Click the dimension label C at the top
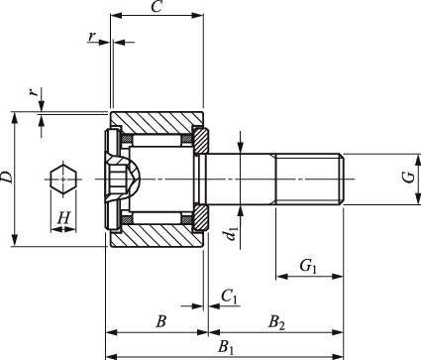(x=156, y=6)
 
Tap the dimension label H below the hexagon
(x=63, y=218)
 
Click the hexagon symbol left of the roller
(x=63, y=180)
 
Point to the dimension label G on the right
(x=409, y=178)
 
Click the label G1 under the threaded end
(x=308, y=266)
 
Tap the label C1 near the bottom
(x=229, y=297)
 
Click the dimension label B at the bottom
(x=160, y=321)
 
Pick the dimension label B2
(x=276, y=322)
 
